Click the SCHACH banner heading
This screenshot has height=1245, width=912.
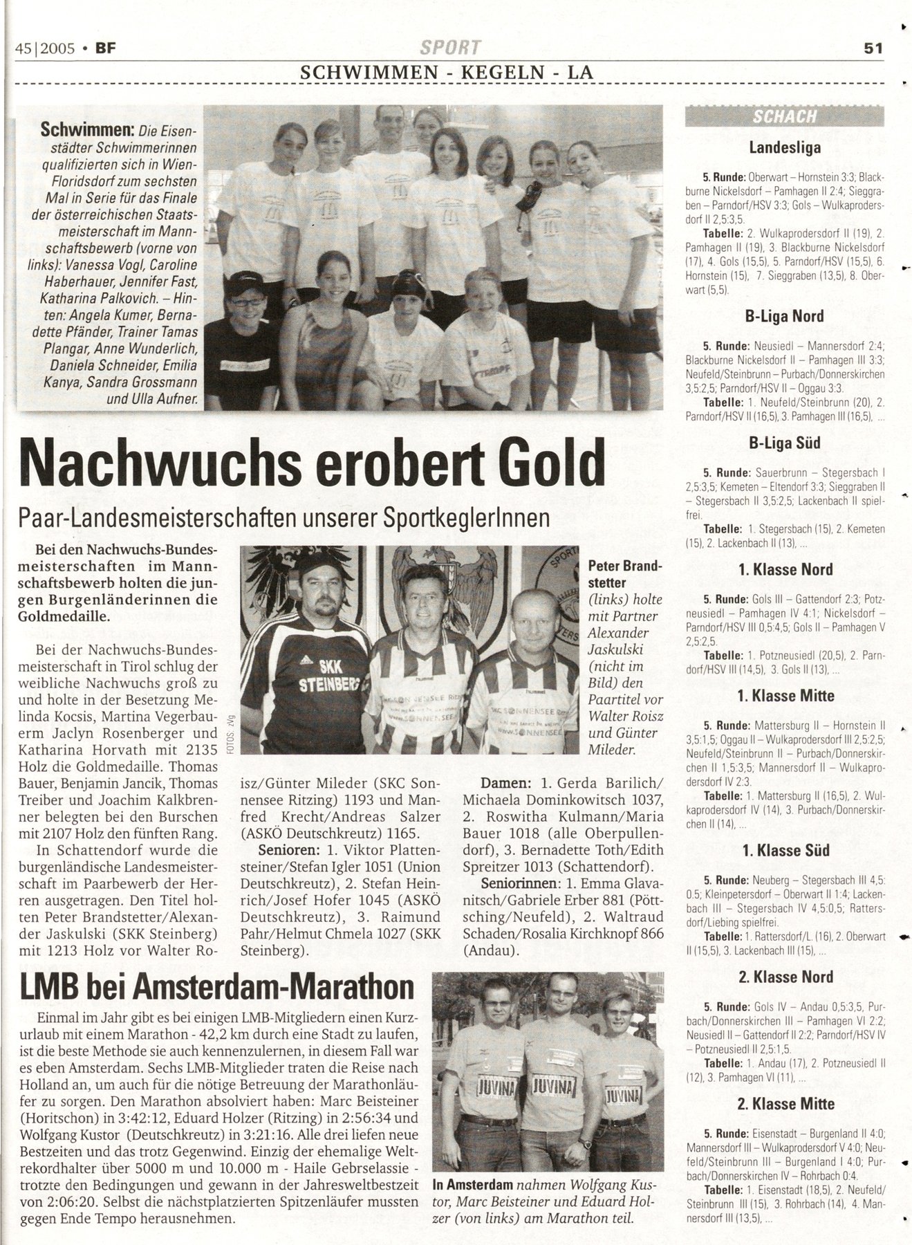pyautogui.click(x=785, y=116)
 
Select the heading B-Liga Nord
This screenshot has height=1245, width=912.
pyautogui.click(x=784, y=316)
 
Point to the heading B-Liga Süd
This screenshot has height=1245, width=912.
pyautogui.click(x=784, y=443)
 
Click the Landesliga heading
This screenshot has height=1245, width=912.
pyautogui.click(x=784, y=147)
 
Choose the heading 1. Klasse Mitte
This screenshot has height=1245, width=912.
pyautogui.click(x=784, y=696)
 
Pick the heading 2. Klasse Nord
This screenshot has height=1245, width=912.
pyautogui.click(x=784, y=977)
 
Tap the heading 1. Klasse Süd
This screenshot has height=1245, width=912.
pyautogui.click(x=784, y=851)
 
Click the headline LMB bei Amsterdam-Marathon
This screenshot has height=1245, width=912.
pyautogui.click(x=217, y=988)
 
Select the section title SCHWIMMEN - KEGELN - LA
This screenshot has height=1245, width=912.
pyautogui.click(x=445, y=71)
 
